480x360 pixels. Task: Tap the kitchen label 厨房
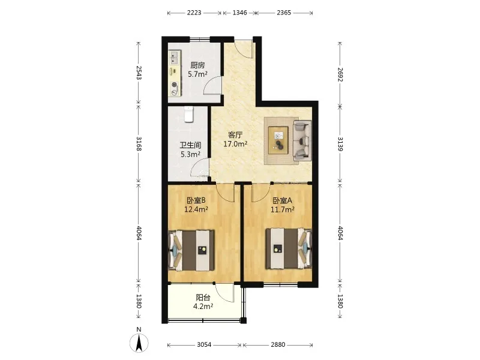pyautogui.click(x=197, y=65)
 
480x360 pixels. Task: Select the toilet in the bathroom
pyautogui.click(x=189, y=114)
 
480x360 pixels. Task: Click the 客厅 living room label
pyautogui.click(x=235, y=134)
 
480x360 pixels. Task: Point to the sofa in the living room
pyautogui.click(x=302, y=140)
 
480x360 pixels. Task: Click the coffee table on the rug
pyautogui.click(x=278, y=140)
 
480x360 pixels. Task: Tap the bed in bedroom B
pyautogui.click(x=191, y=250)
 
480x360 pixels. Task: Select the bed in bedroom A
pyautogui.click(x=289, y=248)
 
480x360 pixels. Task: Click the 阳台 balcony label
pyautogui.click(x=203, y=297)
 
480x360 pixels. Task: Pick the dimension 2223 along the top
pyautogui.click(x=194, y=13)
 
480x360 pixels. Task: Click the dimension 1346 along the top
pyautogui.click(x=239, y=13)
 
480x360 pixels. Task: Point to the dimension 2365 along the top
pyautogui.click(x=284, y=13)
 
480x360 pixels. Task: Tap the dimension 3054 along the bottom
pyautogui.click(x=204, y=344)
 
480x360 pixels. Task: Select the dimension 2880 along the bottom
pyautogui.click(x=278, y=344)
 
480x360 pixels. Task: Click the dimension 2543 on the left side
pyautogui.click(x=139, y=73)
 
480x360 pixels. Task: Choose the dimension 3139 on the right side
pyautogui.click(x=340, y=144)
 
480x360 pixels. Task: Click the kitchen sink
pyautogui.click(x=174, y=58)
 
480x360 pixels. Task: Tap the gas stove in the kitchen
pyautogui.click(x=175, y=88)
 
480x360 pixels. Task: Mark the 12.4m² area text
pyautogui.click(x=196, y=209)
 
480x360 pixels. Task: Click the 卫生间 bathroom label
pyautogui.click(x=190, y=145)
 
